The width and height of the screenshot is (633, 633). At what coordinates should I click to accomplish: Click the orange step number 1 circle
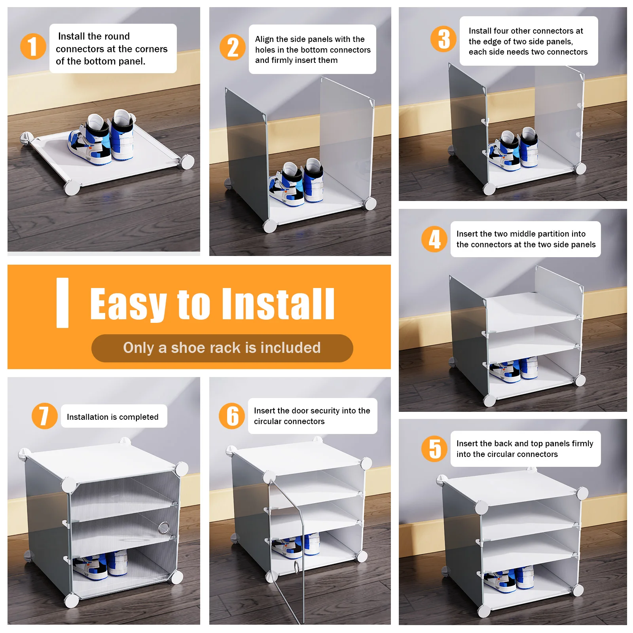33,46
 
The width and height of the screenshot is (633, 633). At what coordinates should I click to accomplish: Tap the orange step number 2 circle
233,47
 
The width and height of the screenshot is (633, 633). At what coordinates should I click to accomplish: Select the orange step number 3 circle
443,39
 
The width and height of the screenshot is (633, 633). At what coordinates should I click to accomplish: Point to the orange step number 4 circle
434,239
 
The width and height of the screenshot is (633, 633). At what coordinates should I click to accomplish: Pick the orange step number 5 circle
434,449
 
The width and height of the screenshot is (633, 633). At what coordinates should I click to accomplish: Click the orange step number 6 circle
232,416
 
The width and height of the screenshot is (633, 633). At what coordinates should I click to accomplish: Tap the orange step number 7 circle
44,416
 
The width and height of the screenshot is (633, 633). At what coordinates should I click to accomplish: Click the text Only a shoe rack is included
222,348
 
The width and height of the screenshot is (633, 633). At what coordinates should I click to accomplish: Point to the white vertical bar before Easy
63,303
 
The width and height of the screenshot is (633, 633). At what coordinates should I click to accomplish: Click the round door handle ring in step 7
164,527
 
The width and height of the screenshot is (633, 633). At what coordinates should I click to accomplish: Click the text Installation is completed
112,417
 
